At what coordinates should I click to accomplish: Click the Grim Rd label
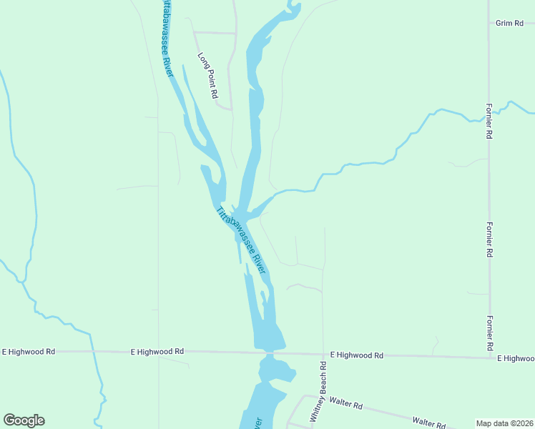[x=510, y=24]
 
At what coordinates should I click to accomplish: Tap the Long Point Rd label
[x=207, y=75]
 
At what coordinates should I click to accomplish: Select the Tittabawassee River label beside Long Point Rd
[x=167, y=39]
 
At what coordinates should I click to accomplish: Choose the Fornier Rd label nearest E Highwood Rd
[x=489, y=330]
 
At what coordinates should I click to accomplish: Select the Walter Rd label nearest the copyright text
[x=429, y=423]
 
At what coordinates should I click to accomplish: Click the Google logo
[x=24, y=420]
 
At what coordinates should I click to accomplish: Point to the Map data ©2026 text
[x=504, y=423]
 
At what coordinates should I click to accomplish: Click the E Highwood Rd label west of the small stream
[x=29, y=352]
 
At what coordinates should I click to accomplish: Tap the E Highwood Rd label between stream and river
[x=157, y=352]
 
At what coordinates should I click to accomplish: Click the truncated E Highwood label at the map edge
[x=516, y=357]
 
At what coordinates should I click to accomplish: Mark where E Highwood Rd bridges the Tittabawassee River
[x=269, y=352]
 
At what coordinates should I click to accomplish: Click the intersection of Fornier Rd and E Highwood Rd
[x=489, y=356]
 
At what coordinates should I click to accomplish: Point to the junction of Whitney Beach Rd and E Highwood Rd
[x=323, y=353]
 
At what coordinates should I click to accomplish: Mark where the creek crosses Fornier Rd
[x=489, y=117]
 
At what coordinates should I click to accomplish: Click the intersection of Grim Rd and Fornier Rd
[x=489, y=24]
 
